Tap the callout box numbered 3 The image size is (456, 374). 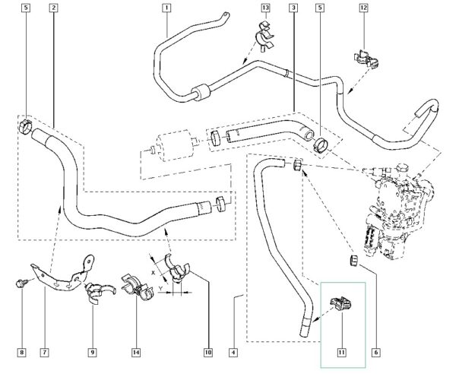coord(293,8)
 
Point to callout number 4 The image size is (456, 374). coord(233,353)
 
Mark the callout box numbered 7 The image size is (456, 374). coord(46,353)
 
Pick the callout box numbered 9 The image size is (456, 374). coord(92,353)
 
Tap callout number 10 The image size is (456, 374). coord(207,353)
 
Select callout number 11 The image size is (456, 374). coord(341,353)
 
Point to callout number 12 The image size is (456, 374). coord(364,8)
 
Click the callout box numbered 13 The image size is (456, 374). coord(265,8)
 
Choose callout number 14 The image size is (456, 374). coord(137,353)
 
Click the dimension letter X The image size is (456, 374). coord(153,271)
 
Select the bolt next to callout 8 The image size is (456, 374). coord(22,284)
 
